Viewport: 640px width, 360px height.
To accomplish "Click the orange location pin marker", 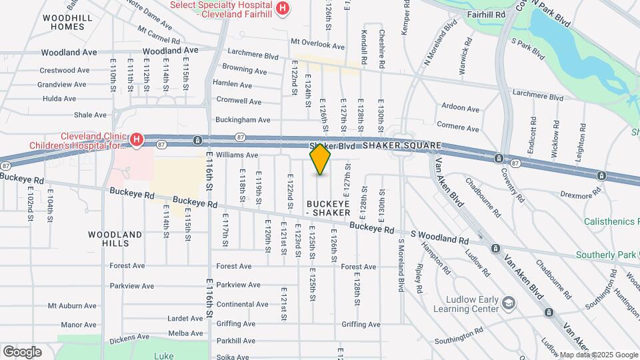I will coord(321,159).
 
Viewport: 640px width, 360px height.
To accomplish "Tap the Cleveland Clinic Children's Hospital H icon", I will coord(137,139).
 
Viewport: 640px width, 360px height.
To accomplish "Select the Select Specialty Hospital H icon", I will coord(283,7).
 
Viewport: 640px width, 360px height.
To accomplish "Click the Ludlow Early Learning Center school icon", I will coord(509,303).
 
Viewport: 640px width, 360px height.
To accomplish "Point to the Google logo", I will coord(21,351).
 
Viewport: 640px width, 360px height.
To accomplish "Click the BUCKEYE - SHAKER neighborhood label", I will coord(328,207).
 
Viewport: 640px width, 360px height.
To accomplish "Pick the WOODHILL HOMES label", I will coord(63,22).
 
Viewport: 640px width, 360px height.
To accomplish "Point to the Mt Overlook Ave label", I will coord(317,46).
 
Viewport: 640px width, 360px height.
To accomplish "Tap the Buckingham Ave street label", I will coord(243,120).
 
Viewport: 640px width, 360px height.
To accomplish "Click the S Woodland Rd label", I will coord(439,238).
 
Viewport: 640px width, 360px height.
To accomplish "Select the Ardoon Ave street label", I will coord(460,108).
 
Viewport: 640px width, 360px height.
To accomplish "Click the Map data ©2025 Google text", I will coord(598,355).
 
